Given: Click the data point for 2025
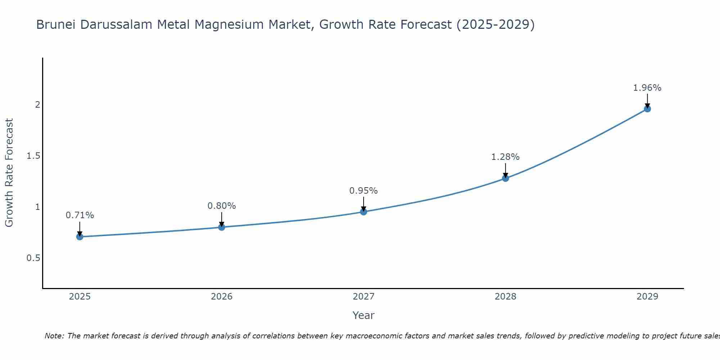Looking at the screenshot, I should coord(80,237).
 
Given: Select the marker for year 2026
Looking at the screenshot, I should coord(221,227).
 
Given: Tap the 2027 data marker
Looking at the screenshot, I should coord(363,212).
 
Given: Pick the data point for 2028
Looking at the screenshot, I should coord(505,178).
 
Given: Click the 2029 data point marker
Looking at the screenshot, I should coord(647,108).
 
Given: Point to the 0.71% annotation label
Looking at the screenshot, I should coord(80,215).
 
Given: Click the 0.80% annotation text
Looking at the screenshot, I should coord(221,206).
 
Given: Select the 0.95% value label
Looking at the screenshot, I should coord(363,191).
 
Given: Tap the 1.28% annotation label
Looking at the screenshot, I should coord(505,157).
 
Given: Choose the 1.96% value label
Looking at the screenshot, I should coord(647,88).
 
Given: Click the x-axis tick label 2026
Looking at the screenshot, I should coord(221,297).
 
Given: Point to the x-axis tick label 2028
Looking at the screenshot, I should coord(505,297).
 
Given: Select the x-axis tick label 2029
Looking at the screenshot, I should coord(647,297).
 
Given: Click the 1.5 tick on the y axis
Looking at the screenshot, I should coord(33,156).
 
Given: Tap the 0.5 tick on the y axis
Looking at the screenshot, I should coord(33,258).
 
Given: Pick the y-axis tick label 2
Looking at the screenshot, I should coord(37,105).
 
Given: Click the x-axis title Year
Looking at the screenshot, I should coord(363,315).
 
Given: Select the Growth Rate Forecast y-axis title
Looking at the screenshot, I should coord(9,173).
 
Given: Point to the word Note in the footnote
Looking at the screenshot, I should coord(54,336).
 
